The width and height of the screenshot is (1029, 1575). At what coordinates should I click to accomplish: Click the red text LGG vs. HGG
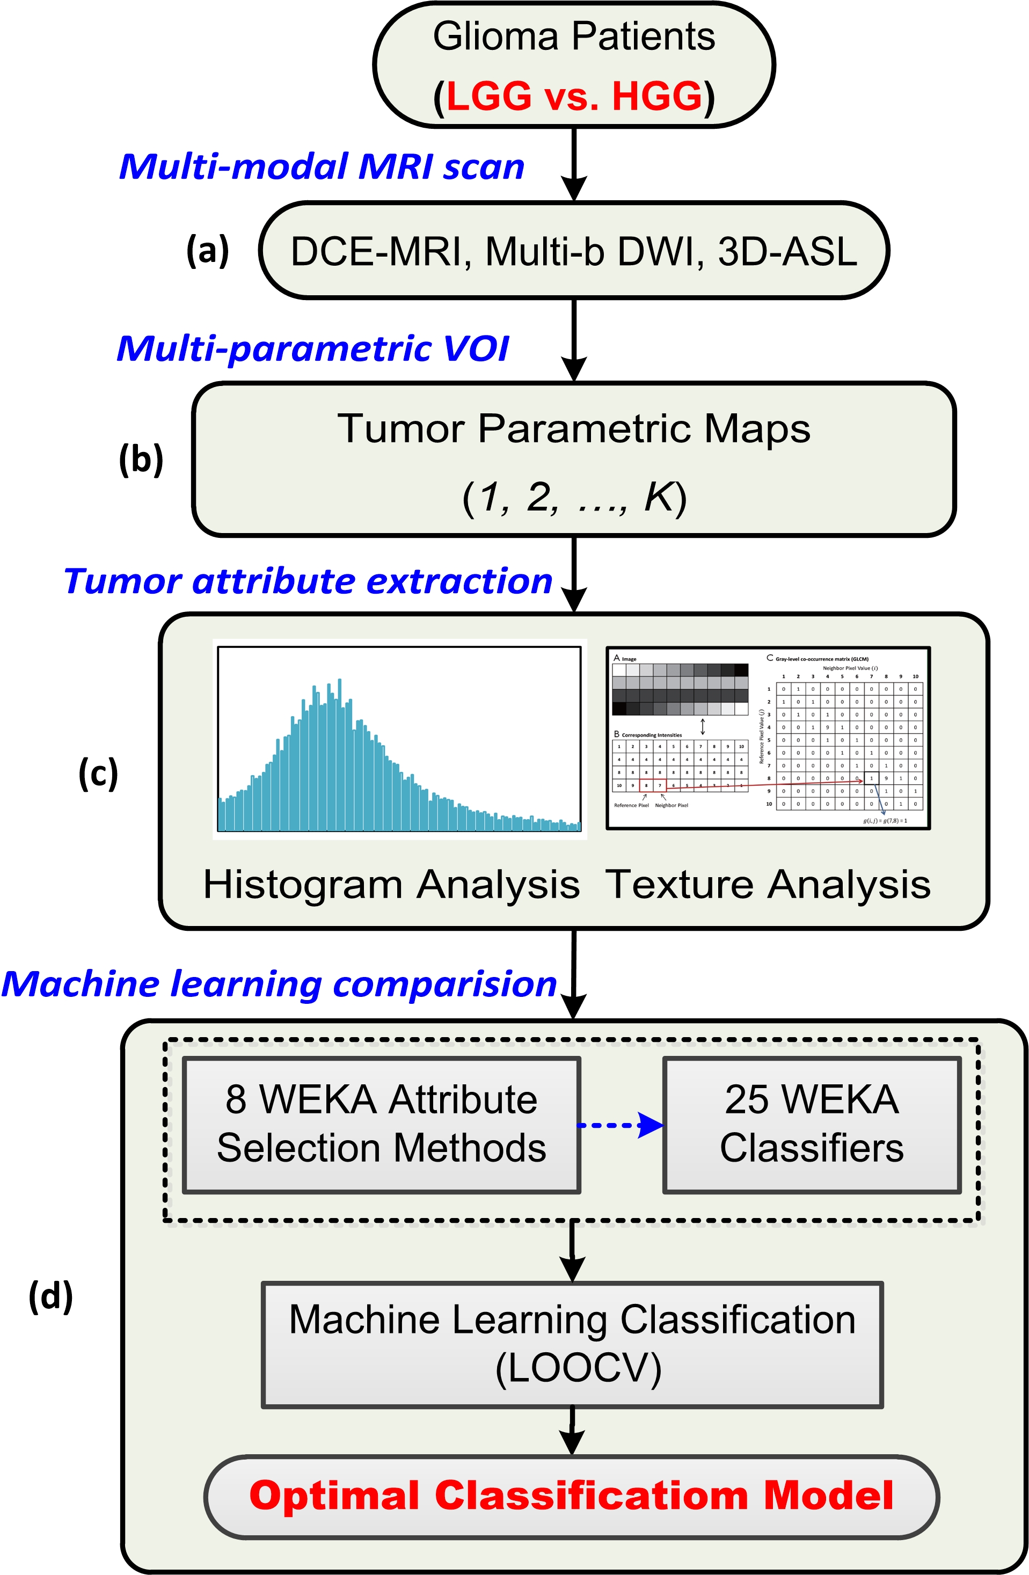574,97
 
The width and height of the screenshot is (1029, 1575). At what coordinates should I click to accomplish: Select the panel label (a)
208,251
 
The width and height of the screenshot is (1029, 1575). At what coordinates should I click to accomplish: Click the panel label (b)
141,460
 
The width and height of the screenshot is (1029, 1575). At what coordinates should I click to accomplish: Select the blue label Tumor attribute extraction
308,581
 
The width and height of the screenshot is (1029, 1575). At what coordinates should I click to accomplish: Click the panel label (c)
98,772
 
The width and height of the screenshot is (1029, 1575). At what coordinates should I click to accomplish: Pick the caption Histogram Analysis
391,884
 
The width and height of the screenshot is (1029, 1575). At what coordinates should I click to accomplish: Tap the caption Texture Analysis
768,884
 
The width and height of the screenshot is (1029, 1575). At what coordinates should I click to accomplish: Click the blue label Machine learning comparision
279,984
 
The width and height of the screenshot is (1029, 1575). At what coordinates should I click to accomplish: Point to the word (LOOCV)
578,1368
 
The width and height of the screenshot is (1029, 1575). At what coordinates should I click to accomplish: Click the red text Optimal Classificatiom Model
572,1496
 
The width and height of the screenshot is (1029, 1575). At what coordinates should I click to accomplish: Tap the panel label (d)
51,1296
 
